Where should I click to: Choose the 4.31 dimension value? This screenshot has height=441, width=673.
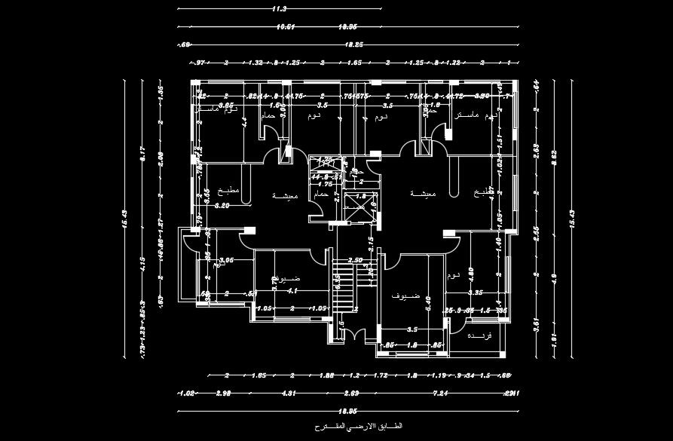click(x=289, y=393)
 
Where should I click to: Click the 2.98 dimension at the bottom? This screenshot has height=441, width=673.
click(x=223, y=393)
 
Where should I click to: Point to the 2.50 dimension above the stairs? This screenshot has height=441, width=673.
click(x=355, y=260)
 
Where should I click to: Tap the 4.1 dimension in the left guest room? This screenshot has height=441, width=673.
click(x=292, y=289)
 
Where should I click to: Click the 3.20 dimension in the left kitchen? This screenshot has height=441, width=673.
click(x=222, y=205)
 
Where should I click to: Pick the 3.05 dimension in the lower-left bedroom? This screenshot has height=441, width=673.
click(x=225, y=259)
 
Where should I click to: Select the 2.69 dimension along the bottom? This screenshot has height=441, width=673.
click(x=352, y=393)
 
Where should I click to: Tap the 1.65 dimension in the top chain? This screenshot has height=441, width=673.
click(x=354, y=63)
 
